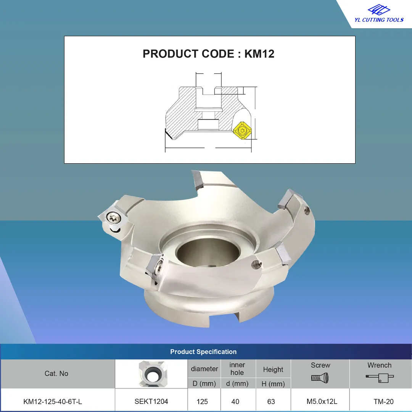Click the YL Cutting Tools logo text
[379, 20]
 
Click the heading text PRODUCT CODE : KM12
[208, 54]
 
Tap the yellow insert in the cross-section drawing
[242, 130]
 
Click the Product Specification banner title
[203, 352]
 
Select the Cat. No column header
[56, 373]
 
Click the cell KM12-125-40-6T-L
[53, 401]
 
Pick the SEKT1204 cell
[151, 401]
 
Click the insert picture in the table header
[153, 373]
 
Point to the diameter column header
[204, 369]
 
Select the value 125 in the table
[202, 401]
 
